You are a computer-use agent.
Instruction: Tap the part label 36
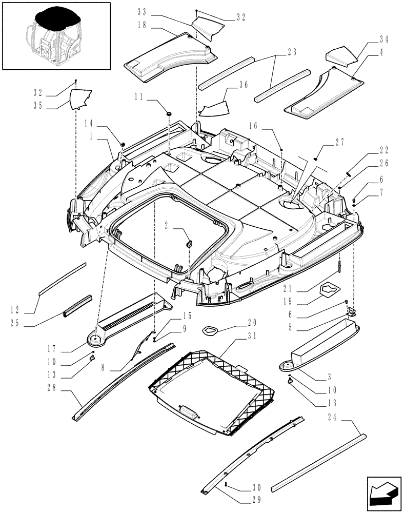click(x=244, y=86)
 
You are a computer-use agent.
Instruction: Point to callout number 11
click(x=138, y=96)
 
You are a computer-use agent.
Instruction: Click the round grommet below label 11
click(x=169, y=112)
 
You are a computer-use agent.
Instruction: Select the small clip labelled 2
click(x=188, y=242)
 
